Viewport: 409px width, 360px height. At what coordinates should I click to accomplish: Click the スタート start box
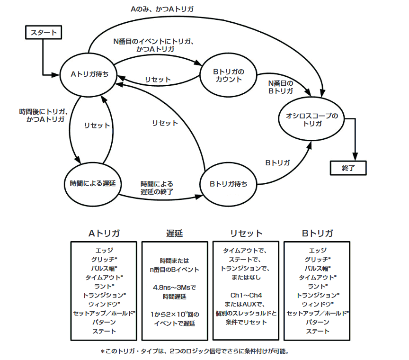pos(44,33)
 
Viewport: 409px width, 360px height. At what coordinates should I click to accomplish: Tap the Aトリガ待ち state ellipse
pos(88,74)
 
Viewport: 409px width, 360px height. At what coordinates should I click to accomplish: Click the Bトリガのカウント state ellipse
pos(228,75)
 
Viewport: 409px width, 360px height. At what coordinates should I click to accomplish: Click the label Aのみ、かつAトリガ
pos(162,9)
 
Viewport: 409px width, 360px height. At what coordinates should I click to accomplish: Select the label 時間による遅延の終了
pos(157,188)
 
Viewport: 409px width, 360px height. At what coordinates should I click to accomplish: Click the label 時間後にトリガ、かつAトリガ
pos(42,116)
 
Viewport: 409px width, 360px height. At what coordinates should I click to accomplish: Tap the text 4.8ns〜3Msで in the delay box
pos(175,287)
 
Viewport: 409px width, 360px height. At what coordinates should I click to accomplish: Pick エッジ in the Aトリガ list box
pos(104,250)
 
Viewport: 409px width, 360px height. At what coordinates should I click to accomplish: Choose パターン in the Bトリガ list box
pos(317,322)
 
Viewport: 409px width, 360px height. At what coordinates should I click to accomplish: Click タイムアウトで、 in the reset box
pos(246,250)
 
